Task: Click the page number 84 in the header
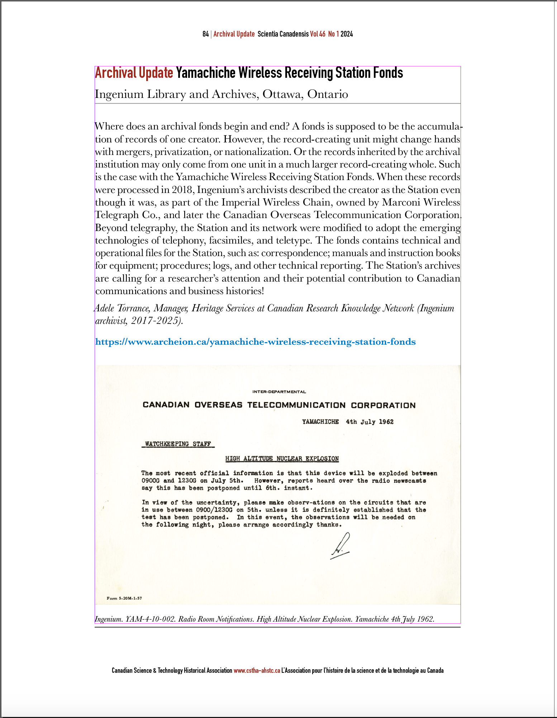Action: (205, 34)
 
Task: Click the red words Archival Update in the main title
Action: (134, 73)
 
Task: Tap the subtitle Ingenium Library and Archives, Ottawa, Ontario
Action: (221, 94)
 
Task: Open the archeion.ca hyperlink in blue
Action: (255, 342)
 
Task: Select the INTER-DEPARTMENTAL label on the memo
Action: (279, 392)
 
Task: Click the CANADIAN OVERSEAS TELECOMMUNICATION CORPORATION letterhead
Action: (279, 405)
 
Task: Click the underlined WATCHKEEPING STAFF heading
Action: (178, 444)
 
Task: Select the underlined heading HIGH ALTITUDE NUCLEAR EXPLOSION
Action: (282, 459)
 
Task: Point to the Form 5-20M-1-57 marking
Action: (124, 598)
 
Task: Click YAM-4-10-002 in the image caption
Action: (150, 619)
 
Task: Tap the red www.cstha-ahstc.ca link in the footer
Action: (257, 670)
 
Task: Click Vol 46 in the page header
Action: (318, 34)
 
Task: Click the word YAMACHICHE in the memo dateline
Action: (320, 422)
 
